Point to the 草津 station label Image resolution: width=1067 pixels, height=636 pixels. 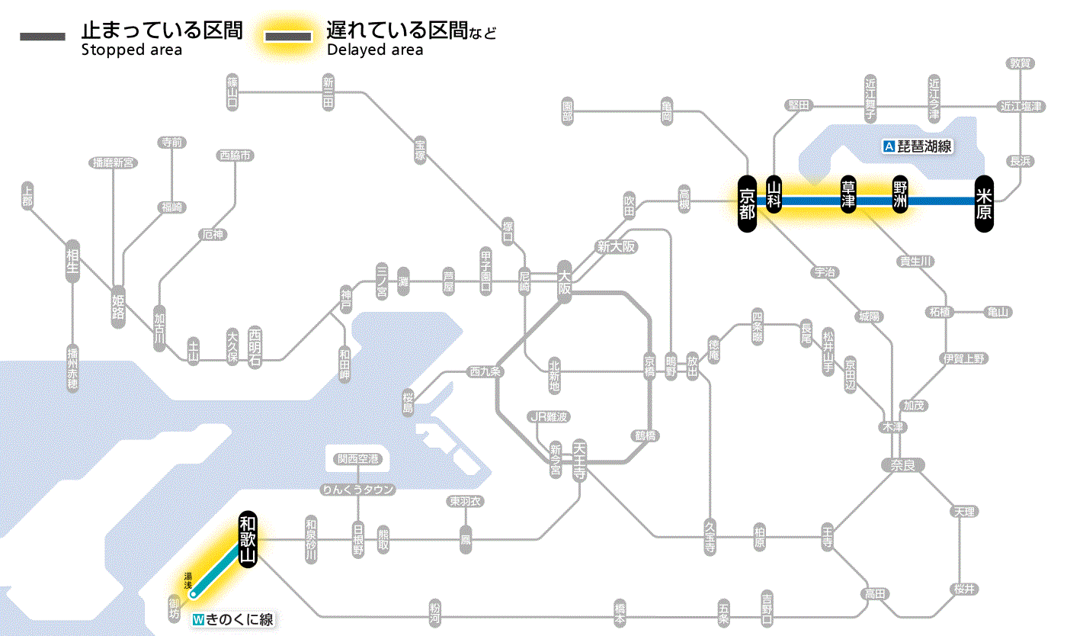848,195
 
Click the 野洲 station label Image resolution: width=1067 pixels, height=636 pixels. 900,195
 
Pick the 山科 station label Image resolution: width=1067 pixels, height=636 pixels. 774,195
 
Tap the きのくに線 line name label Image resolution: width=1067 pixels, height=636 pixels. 233,619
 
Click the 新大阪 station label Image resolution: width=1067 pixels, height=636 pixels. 616,247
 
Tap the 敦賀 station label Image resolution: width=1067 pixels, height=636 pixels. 1020,63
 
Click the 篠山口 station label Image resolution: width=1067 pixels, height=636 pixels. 232,92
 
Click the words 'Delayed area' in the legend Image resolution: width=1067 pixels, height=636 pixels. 374,50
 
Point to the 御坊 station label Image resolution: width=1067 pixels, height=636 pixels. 175,607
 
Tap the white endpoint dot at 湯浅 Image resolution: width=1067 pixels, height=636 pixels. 194,593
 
